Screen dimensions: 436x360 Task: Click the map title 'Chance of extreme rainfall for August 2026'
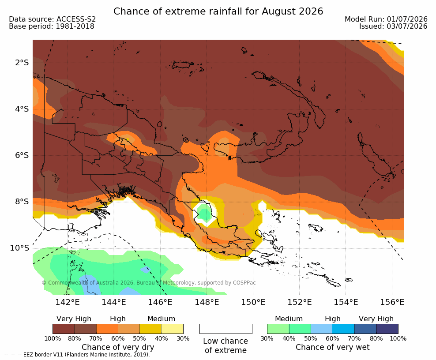[218, 11]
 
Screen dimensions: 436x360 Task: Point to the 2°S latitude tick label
[22, 63]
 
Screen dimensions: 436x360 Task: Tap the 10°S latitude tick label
[19, 247]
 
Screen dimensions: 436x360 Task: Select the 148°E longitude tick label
[207, 302]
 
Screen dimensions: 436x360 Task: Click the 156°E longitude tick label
[392, 302]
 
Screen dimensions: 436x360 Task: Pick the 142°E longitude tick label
[68, 302]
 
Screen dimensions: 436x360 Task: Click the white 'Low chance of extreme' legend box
[226, 329]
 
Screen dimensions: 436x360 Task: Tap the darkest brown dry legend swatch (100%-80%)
[64, 329]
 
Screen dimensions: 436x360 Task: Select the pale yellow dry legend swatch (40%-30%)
[173, 329]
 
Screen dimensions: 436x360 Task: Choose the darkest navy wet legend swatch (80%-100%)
[387, 329]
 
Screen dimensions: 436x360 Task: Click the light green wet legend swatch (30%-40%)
[278, 329]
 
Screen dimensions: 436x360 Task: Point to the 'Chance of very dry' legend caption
[118, 347]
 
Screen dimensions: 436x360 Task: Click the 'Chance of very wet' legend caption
[333, 347]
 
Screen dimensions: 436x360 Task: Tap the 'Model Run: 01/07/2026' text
[386, 19]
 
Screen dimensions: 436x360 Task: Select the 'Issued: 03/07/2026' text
[393, 26]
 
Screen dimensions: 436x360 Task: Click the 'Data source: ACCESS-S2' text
[52, 19]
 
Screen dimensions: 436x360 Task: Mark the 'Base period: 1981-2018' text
[52, 26]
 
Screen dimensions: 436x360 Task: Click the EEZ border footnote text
[77, 355]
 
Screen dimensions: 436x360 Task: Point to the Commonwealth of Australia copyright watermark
[149, 283]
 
